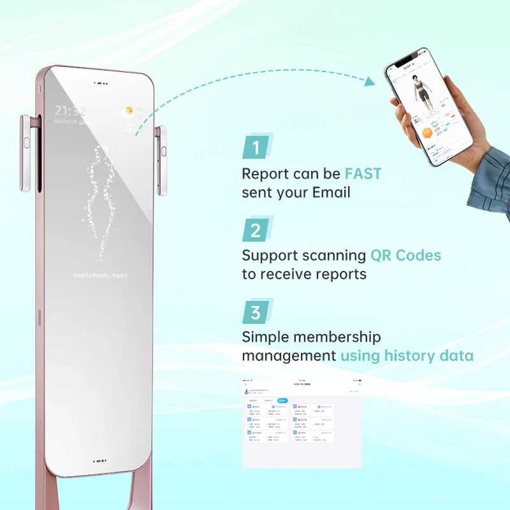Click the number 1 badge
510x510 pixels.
256,149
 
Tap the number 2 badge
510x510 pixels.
256,230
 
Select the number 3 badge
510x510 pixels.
256,313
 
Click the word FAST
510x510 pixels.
363,173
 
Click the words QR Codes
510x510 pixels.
405,255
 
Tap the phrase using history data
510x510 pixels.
407,355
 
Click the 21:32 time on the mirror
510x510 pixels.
69,111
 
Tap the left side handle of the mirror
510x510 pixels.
26,153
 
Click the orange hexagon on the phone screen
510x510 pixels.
426,133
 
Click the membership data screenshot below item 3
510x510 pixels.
302,423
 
